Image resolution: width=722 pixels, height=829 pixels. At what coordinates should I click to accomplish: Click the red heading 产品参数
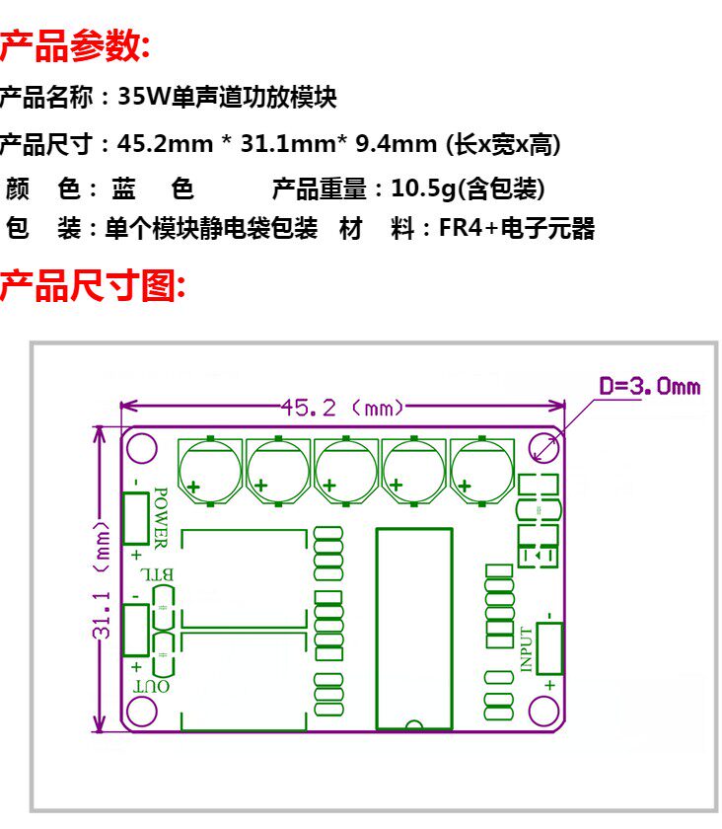(x=75, y=44)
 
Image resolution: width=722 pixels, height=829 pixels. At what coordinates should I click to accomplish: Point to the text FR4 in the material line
(x=461, y=230)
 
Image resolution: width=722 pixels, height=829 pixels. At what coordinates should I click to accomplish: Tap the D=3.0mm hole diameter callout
(x=649, y=385)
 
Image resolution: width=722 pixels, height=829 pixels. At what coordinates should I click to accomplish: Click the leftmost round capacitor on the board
(x=209, y=471)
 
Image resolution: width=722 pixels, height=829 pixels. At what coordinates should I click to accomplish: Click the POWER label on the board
(x=162, y=518)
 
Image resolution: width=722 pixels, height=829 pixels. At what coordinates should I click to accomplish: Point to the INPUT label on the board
(x=527, y=649)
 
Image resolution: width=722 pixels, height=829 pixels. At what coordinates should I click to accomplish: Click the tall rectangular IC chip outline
(x=414, y=629)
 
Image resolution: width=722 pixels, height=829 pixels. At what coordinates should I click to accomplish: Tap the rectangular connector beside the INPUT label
(x=549, y=649)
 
